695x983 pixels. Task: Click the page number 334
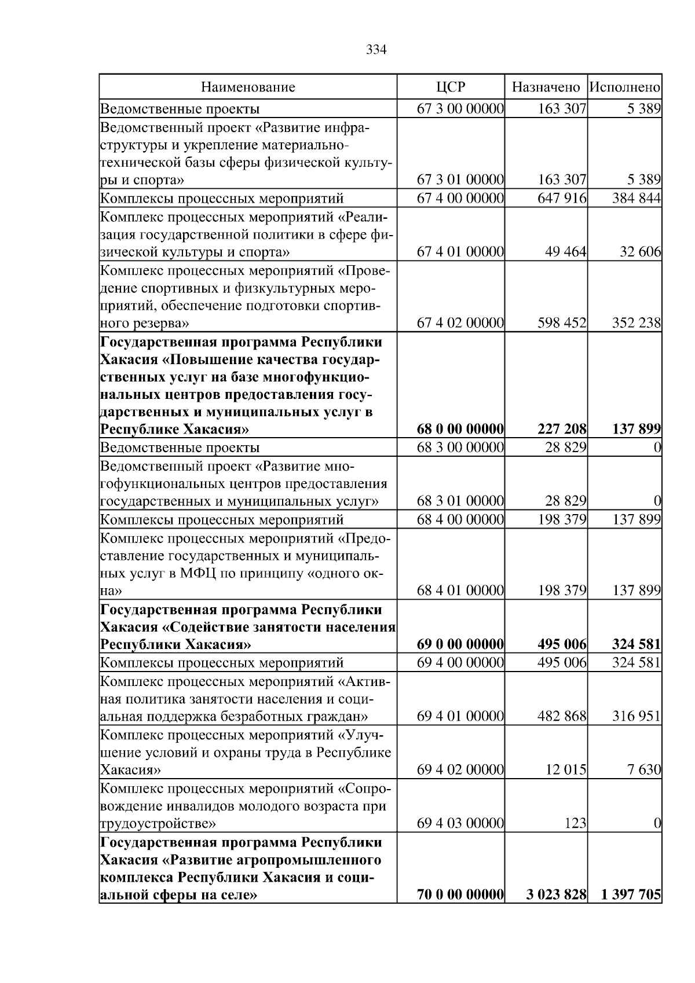(376, 50)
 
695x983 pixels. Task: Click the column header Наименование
(248, 87)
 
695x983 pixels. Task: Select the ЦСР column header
(450, 87)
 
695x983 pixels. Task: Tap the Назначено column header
(546, 87)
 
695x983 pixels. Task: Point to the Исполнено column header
(624, 87)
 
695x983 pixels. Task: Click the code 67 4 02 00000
(460, 323)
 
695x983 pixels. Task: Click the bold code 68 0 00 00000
(460, 430)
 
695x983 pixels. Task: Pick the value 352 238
(637, 323)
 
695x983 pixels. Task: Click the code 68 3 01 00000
(460, 501)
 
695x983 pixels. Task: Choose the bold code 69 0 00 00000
(460, 644)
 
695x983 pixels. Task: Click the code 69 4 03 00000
(460, 823)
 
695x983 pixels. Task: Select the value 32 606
(641, 252)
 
